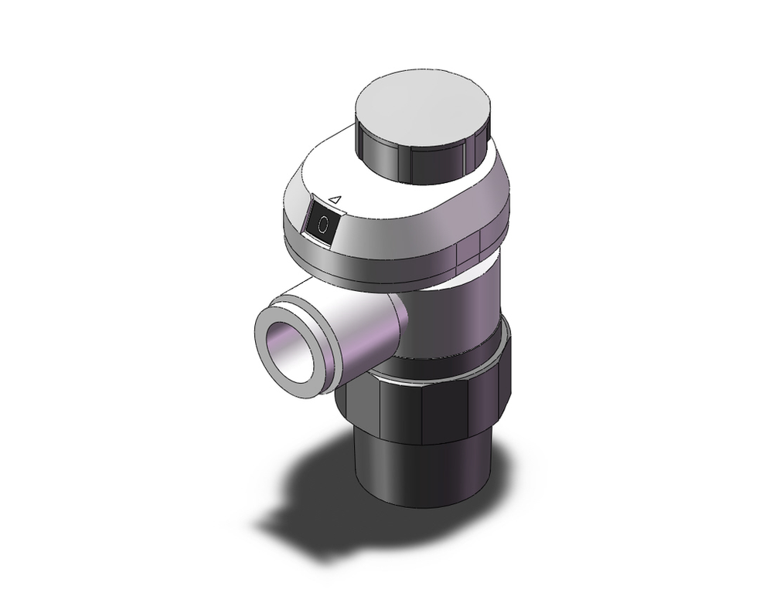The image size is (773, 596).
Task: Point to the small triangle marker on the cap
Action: tap(335, 200)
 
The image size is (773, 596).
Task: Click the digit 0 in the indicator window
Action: tap(323, 225)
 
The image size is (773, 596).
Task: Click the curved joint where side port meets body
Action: tap(402, 328)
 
